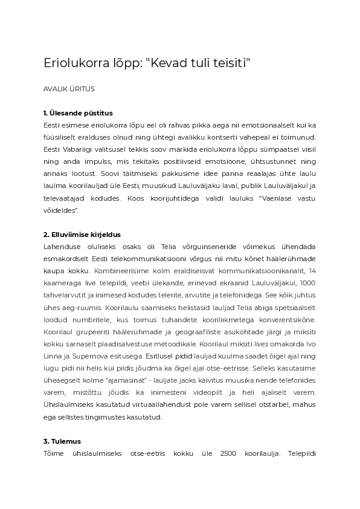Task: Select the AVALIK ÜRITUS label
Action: point(69,88)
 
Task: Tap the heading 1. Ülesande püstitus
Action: point(78,113)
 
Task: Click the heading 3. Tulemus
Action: point(62,441)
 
